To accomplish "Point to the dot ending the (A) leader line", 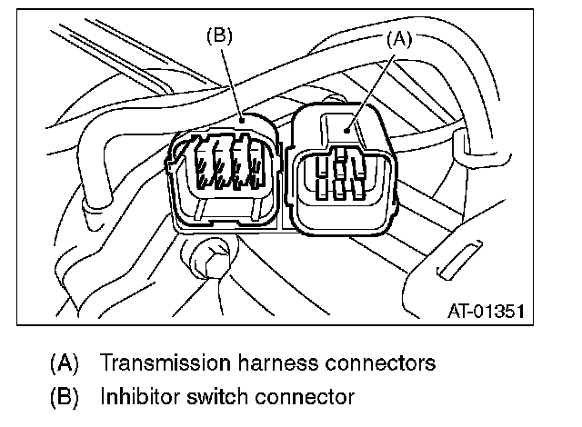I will (350, 130).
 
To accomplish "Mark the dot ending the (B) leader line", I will (242, 118).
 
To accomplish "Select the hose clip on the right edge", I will (461, 145).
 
